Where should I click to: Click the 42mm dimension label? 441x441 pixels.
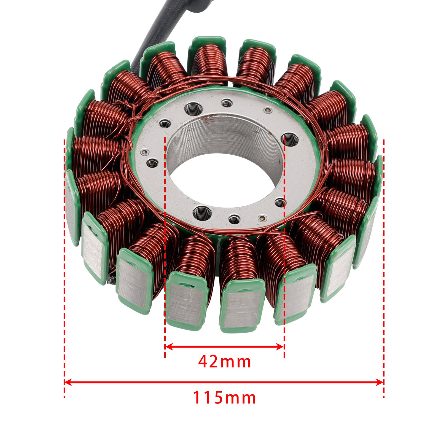[224, 362]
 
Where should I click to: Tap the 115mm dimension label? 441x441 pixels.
[224, 398]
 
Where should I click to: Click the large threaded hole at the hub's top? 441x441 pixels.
[193, 108]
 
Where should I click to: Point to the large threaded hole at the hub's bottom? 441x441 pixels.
[202, 213]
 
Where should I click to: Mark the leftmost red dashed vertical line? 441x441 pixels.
[64, 248]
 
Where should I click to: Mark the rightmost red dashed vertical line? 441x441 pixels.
[384, 248]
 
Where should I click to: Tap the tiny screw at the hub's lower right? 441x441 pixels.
[260, 219]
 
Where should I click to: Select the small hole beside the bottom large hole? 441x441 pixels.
[234, 220]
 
